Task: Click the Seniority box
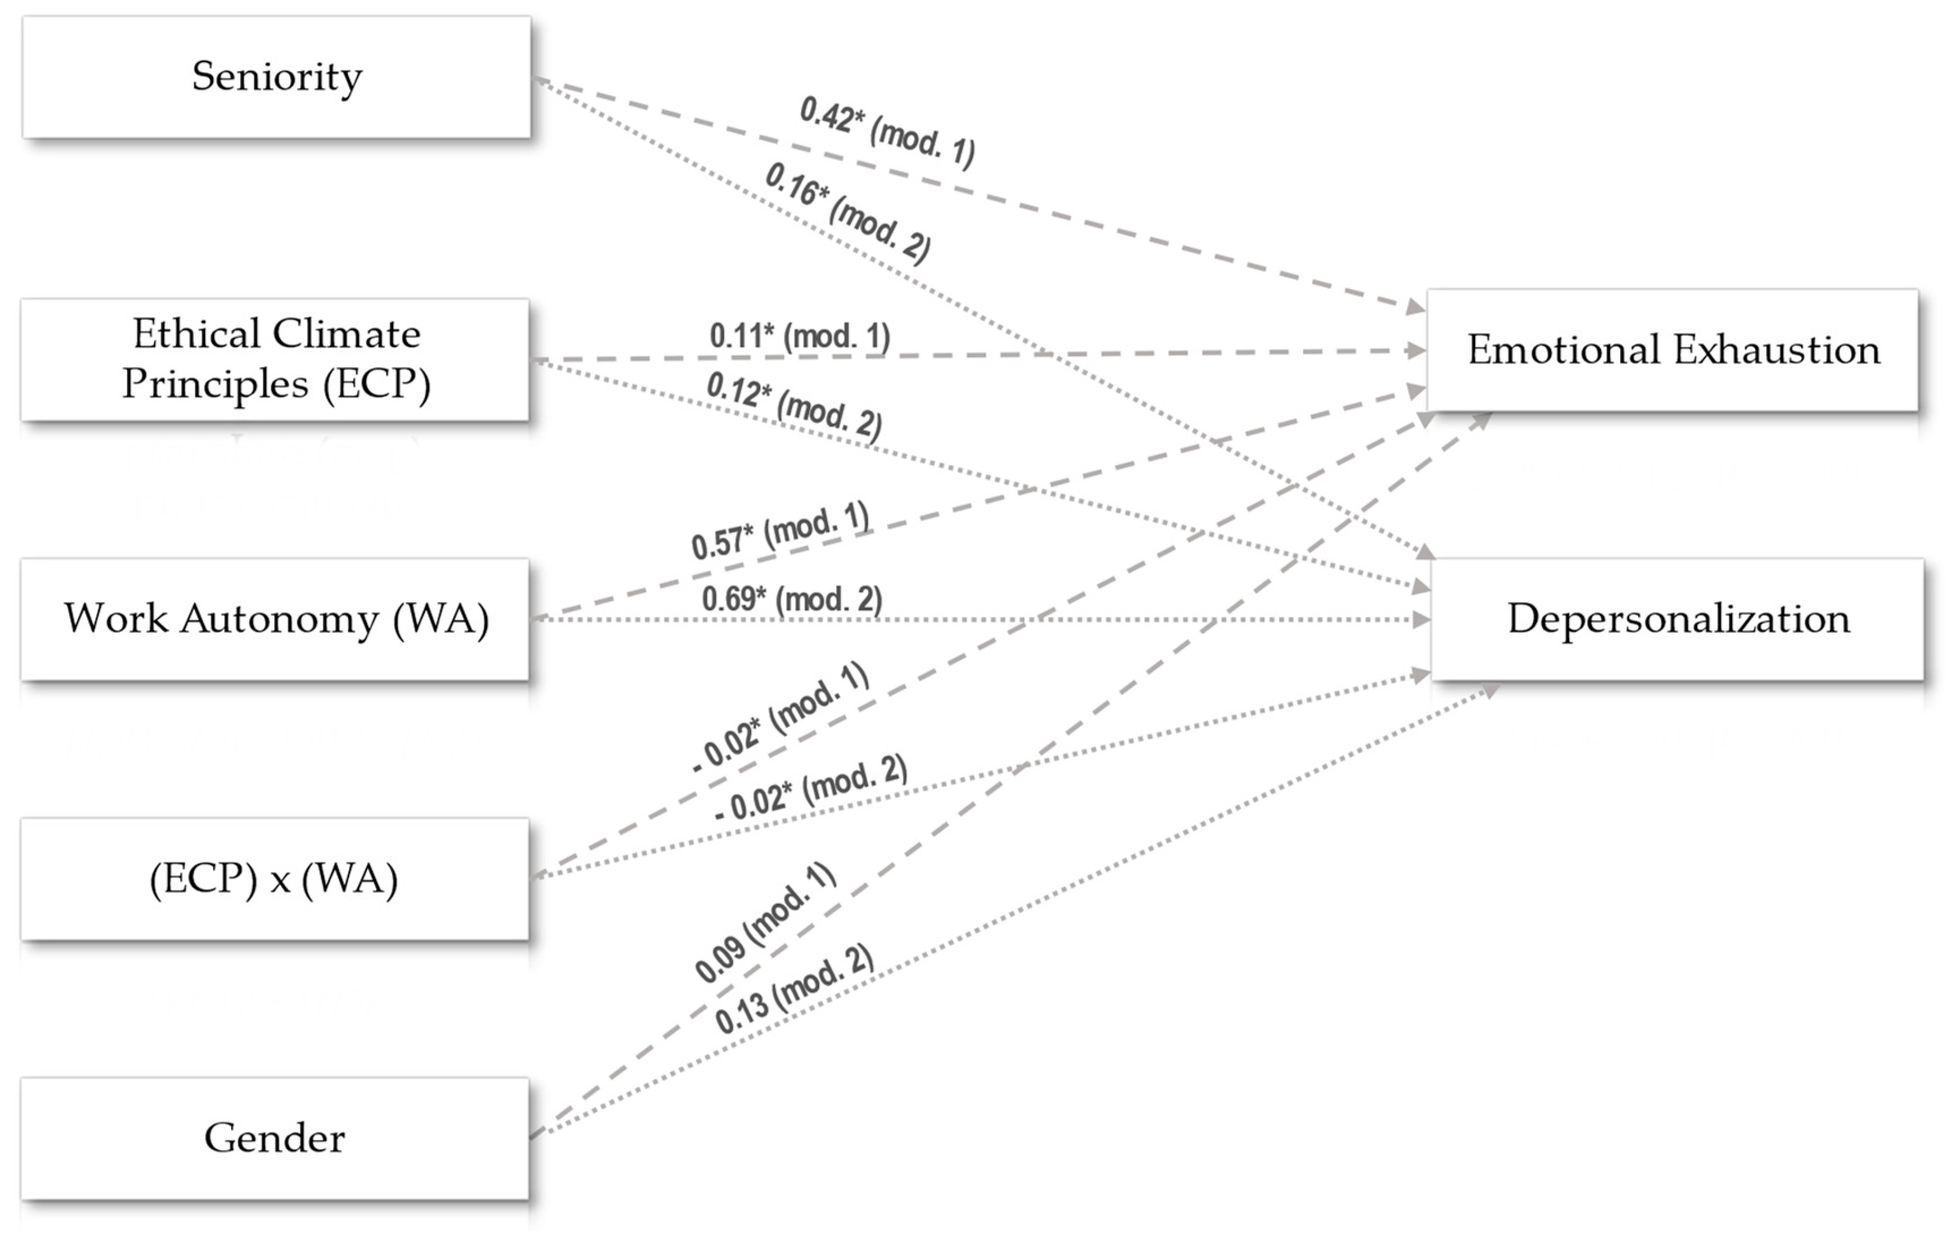click(276, 77)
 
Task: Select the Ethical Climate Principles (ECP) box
click(275, 359)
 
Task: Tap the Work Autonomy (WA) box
click(275, 619)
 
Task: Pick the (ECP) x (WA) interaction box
click(275, 879)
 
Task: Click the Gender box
click(275, 1138)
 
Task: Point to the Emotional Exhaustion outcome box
click(1673, 350)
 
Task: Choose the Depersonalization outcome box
click(1678, 619)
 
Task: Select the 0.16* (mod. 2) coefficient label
click(847, 212)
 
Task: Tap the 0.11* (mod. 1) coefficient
click(799, 335)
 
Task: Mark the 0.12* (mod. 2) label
click(794, 405)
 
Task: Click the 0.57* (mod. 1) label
click(780, 531)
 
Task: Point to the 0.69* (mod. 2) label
click(791, 599)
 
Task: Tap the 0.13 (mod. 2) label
click(794, 990)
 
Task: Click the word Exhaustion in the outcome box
click(1777, 350)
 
